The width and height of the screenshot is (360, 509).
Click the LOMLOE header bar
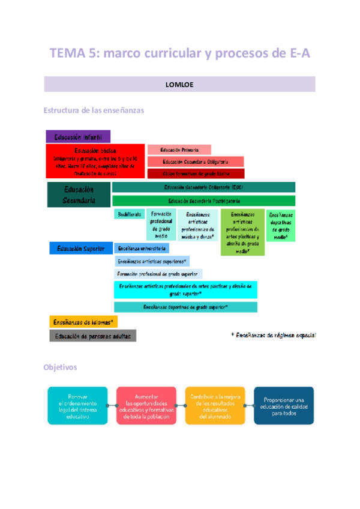click(179, 84)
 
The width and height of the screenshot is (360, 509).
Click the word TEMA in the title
click(68, 54)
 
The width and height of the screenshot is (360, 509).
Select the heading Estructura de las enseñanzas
click(94, 110)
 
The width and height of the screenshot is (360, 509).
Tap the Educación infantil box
click(79, 137)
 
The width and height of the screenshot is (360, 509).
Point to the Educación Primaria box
click(178, 149)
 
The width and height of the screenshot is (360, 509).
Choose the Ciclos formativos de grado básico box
click(196, 173)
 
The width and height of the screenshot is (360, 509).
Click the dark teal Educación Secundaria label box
click(79, 195)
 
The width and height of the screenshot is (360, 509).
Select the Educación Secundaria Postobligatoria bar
click(203, 201)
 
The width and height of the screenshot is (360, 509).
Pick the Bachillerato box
click(129, 214)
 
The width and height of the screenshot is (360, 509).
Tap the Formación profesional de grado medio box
click(161, 224)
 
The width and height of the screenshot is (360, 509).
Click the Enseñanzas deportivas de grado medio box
click(281, 226)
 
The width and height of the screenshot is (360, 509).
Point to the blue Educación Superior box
click(80, 248)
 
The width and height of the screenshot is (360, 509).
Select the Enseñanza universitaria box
click(142, 248)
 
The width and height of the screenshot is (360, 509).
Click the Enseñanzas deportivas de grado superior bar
click(185, 307)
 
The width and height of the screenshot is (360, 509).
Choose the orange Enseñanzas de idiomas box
click(83, 322)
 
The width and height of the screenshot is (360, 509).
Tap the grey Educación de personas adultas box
click(92, 336)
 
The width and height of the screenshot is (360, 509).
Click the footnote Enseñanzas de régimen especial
click(274, 335)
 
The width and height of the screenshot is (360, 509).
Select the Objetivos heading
click(60, 367)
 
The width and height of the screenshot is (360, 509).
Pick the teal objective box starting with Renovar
click(77, 406)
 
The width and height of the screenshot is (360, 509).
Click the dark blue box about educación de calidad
click(283, 406)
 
